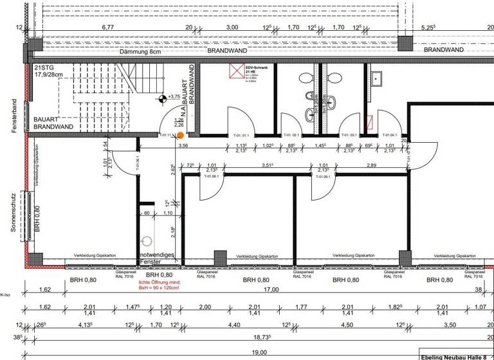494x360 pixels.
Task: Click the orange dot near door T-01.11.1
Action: (181, 135)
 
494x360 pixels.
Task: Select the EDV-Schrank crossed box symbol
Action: (237, 70)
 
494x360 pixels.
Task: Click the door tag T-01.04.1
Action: (391, 135)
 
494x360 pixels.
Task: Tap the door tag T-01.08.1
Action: (212, 175)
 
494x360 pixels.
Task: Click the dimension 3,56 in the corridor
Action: (183, 146)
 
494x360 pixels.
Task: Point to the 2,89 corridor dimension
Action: (371, 166)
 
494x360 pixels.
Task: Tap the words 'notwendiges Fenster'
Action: (157, 258)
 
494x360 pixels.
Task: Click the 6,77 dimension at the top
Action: (107, 28)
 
